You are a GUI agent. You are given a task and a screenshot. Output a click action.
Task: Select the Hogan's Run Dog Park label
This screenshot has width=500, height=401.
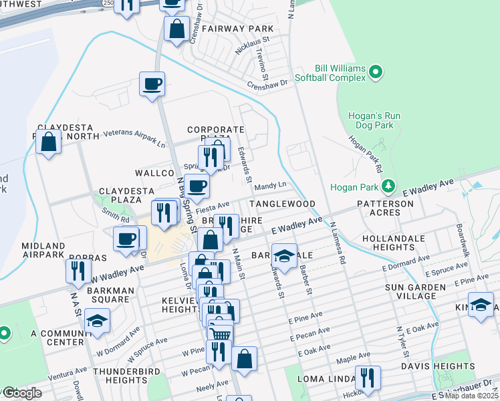[374, 120]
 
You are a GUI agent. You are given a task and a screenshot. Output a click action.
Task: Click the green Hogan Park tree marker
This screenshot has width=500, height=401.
[387, 186]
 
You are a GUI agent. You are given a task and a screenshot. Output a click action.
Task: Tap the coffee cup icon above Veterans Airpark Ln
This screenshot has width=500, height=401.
[152, 84]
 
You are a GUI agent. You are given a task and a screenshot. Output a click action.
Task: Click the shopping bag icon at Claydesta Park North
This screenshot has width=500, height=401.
[49, 142]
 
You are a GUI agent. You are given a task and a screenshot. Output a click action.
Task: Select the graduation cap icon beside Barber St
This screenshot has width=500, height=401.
[284, 256]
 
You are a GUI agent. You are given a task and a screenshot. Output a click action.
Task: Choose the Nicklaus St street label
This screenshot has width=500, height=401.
[252, 48]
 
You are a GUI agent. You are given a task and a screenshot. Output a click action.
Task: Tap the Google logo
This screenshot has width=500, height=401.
[21, 393]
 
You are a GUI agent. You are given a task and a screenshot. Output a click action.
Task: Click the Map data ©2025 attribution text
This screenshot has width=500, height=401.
[472, 396]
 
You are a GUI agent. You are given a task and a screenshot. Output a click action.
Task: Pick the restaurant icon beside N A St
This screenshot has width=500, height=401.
[78, 271]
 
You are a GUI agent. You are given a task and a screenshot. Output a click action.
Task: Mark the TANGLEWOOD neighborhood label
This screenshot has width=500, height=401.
[281, 203]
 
